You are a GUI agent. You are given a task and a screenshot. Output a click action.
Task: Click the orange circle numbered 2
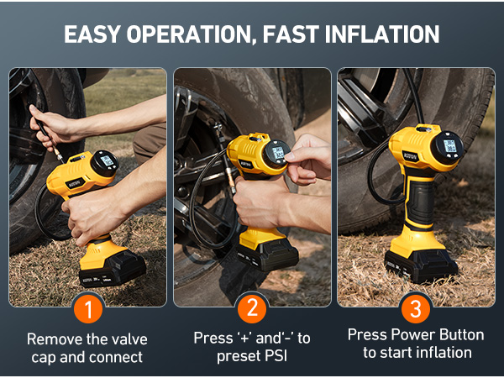[252, 308]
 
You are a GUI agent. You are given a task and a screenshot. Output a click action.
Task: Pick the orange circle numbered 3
[416, 308]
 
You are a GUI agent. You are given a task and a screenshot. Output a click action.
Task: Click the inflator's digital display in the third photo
[449, 146]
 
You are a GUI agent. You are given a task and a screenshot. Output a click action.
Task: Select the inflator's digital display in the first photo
[107, 161]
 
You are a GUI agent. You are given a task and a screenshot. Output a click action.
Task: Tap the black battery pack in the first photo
[112, 267]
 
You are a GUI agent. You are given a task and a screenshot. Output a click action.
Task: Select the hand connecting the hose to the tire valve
[50, 122]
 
